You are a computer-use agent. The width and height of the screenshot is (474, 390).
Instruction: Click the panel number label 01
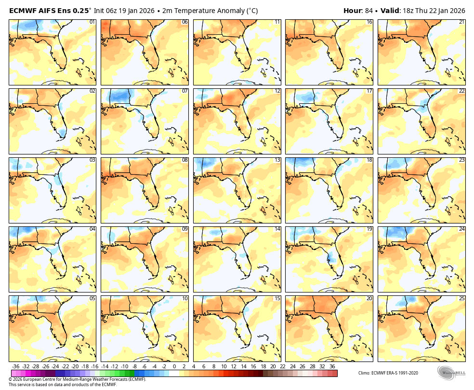pyautogui.click(x=92, y=22)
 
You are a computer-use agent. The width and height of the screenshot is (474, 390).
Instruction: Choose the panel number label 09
pyautogui.click(x=184, y=229)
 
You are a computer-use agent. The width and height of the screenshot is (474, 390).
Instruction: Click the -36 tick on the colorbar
pyautogui.click(x=15, y=367)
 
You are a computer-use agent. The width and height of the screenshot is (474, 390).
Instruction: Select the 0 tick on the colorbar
pyautogui.click(x=174, y=367)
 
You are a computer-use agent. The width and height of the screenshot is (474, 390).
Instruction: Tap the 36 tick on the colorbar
pyautogui.click(x=332, y=367)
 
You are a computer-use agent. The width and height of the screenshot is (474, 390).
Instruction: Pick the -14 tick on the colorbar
pyautogui.click(x=105, y=367)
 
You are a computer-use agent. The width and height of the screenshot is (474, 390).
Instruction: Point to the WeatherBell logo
pyautogui.click(x=451, y=373)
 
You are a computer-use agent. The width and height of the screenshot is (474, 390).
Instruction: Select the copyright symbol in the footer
pyautogui.click(x=11, y=379)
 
